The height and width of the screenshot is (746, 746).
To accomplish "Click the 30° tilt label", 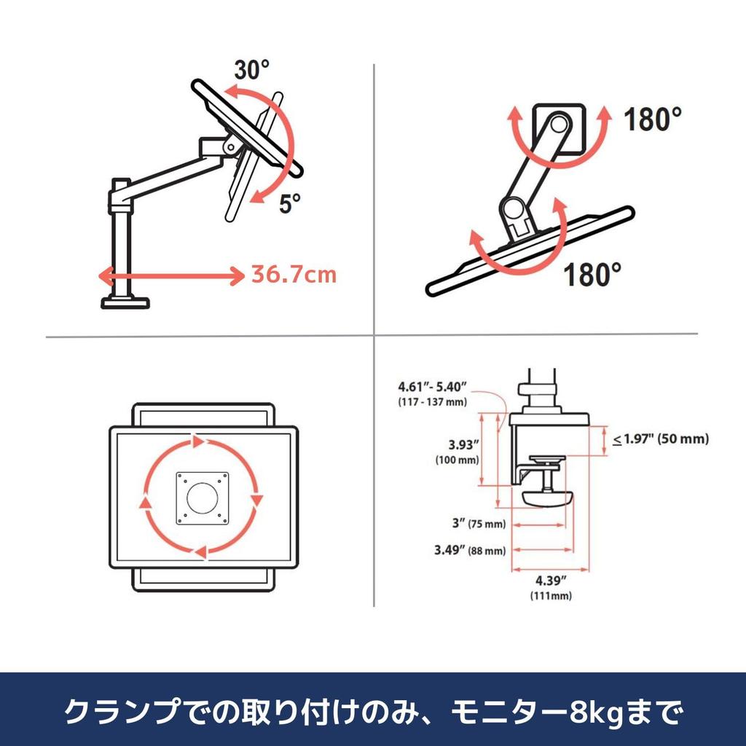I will tap(252, 70).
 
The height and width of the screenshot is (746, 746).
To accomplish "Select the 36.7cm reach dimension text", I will tap(294, 275).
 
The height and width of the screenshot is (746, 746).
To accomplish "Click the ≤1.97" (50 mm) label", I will tap(660, 439).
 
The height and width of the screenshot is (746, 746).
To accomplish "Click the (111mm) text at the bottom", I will tap(551, 596).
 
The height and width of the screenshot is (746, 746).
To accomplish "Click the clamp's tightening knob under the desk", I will tap(548, 498).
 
